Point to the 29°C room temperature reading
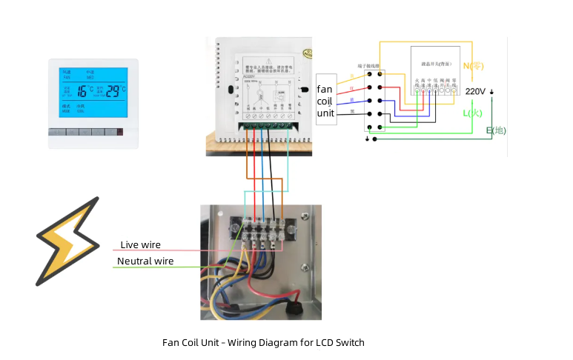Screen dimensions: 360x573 (113, 91)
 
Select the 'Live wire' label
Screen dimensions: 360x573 (141, 245)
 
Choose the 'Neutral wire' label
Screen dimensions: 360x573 (145, 261)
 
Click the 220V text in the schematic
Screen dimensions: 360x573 (475, 91)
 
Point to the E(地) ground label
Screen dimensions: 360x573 (496, 130)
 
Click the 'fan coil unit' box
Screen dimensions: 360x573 (326, 99)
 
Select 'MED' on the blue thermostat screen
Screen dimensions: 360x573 (90, 76)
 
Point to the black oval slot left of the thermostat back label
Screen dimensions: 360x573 (232, 93)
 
